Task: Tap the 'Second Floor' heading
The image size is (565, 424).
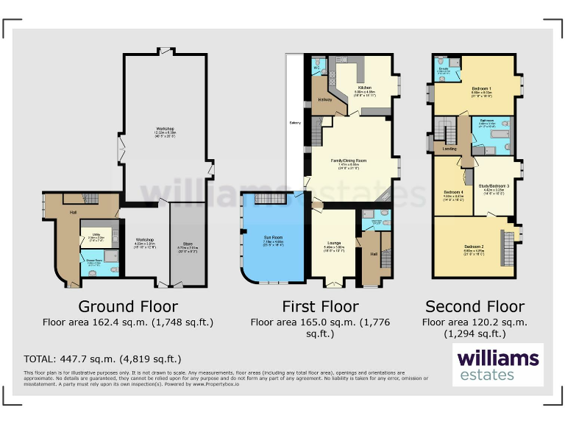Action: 475,306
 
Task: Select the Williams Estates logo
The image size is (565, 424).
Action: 498,365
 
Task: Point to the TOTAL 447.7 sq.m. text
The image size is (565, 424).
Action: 102,359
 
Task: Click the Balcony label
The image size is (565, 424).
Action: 295,122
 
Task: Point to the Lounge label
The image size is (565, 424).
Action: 334,241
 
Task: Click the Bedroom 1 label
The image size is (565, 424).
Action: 481,88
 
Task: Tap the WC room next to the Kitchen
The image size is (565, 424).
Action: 317,69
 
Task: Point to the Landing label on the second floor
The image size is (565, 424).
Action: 449,149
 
